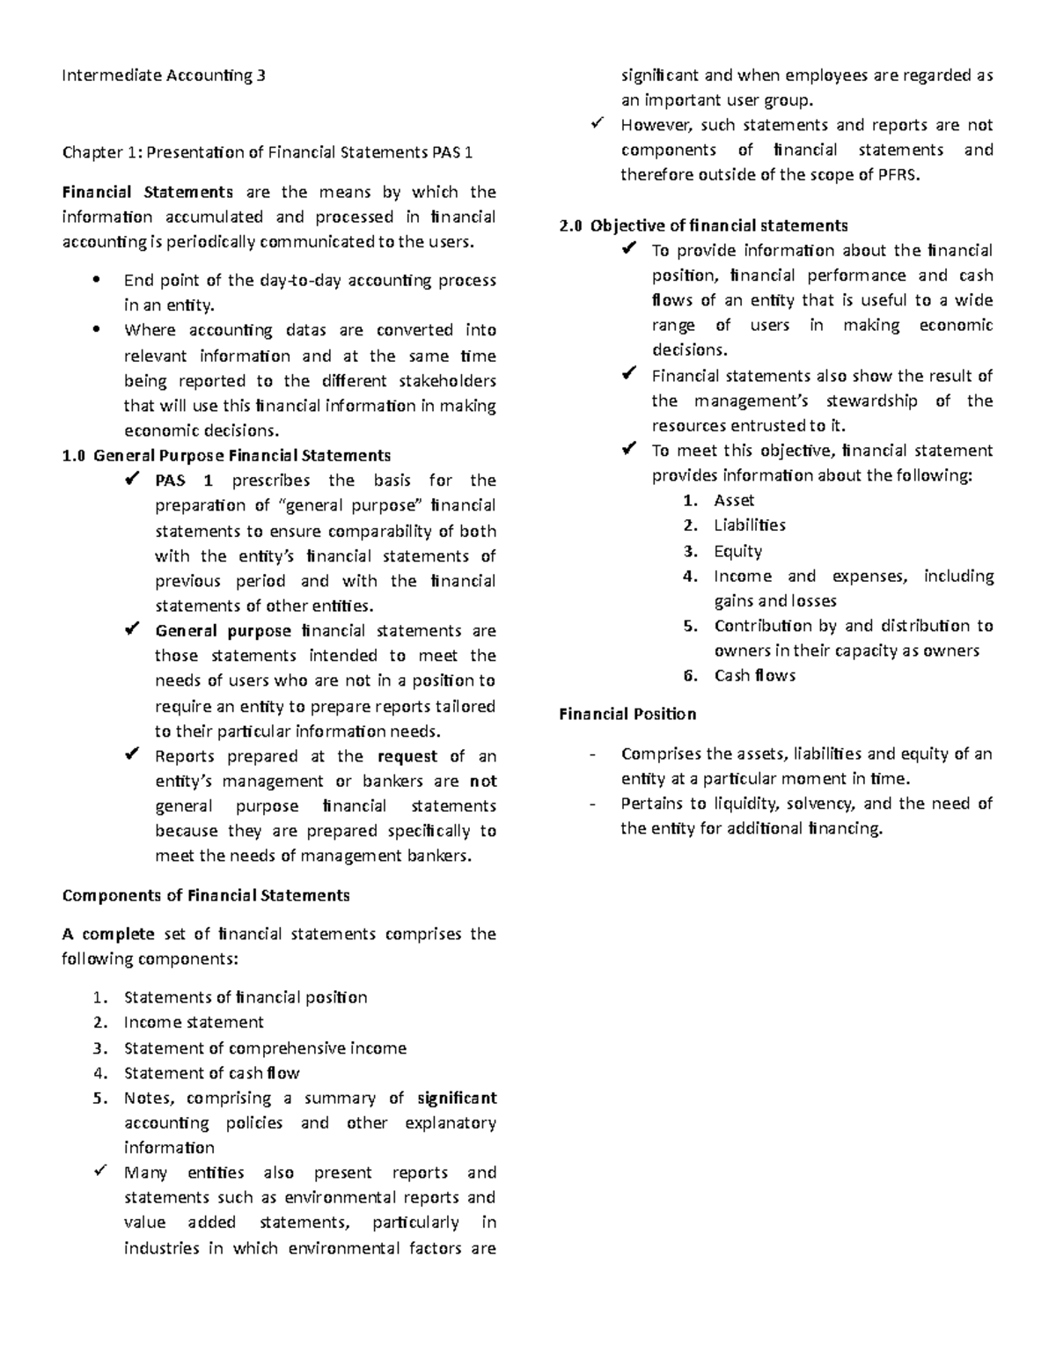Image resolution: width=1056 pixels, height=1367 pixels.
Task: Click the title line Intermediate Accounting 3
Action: [x=163, y=76]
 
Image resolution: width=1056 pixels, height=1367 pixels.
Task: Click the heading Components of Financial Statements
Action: [x=206, y=895]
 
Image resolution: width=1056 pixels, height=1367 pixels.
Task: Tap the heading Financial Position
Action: [x=627, y=714]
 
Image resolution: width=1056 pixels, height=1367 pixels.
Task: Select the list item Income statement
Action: [x=194, y=1023]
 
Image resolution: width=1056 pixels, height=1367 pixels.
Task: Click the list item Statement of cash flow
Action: [x=212, y=1073]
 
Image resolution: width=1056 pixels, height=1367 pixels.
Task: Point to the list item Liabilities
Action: [x=750, y=525]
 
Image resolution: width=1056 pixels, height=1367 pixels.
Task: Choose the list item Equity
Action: [x=737, y=551]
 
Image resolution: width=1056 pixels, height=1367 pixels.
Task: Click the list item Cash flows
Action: [x=754, y=676]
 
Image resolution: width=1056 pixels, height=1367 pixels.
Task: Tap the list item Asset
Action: [x=734, y=501]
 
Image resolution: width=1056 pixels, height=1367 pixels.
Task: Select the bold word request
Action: [x=407, y=756]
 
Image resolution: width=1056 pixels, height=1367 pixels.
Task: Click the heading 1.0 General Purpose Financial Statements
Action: [x=227, y=456]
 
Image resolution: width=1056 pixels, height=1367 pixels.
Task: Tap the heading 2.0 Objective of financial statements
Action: [x=703, y=225]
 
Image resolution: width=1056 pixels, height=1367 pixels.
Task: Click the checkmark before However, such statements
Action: [x=598, y=124]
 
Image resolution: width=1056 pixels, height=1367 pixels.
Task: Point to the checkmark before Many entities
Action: [x=101, y=1172]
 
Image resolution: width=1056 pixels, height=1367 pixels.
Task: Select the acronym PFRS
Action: [x=897, y=175]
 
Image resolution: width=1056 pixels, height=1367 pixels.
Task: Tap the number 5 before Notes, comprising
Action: [x=99, y=1099]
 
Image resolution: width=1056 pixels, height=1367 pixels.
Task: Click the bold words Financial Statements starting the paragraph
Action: [x=147, y=192]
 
